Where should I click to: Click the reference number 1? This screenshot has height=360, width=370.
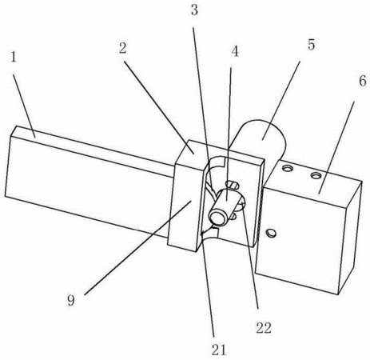14,57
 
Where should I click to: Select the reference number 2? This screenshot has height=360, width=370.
123,49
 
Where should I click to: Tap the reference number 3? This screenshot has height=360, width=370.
194,10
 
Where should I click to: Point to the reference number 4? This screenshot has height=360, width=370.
234,51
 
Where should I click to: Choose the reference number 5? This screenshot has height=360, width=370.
311,45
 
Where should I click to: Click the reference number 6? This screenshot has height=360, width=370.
363,81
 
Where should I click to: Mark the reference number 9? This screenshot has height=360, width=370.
71,301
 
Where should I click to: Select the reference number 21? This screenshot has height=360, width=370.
219,350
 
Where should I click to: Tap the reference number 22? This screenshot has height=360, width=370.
264,328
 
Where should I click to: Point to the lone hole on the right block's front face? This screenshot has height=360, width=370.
272,233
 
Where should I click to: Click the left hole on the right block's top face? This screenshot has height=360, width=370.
288,168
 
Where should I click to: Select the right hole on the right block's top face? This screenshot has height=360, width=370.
316,175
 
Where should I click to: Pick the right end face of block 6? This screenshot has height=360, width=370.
351,238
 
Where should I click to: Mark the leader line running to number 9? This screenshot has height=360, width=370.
137,248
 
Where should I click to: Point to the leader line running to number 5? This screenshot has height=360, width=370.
281,101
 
